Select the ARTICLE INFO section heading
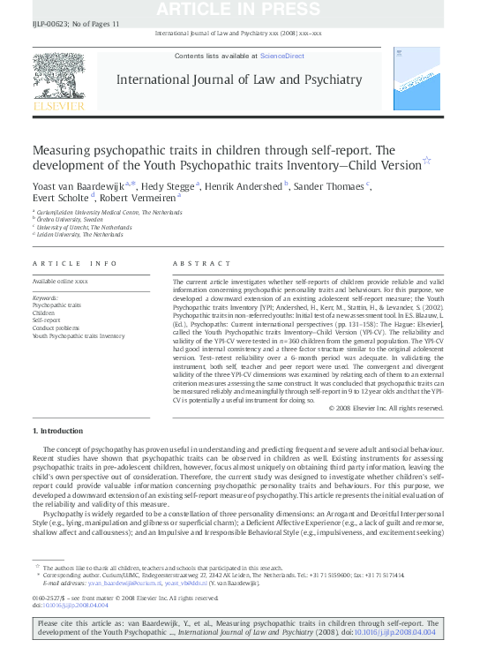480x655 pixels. coord(74,263)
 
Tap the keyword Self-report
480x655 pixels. coord(48,320)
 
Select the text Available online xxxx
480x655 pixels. coord(60,281)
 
